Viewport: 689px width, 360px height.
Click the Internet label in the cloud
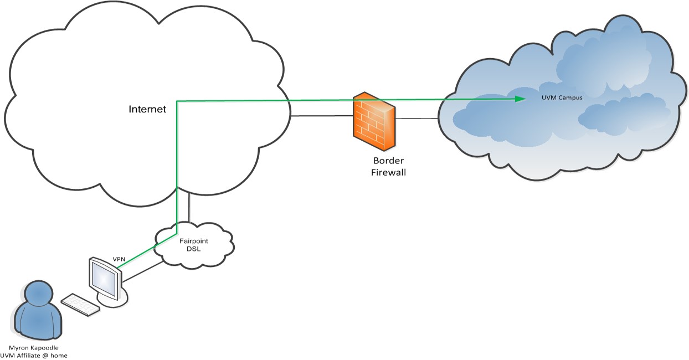coord(147,109)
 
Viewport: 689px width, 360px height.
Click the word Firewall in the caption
coord(388,172)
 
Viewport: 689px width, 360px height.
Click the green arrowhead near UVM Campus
coord(520,99)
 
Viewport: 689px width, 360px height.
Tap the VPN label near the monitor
coord(119,259)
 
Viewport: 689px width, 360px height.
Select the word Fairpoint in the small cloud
coord(193,241)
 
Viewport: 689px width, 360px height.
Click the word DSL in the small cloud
coord(193,250)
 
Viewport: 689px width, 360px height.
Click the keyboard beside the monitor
coord(80,304)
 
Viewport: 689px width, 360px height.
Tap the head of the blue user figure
coord(39,294)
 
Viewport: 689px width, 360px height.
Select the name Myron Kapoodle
coord(39,347)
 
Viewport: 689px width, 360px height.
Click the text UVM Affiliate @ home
coord(39,355)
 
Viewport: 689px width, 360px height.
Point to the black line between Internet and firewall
coord(321,116)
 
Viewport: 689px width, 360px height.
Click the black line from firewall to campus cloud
coord(417,118)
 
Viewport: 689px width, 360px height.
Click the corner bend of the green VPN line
coord(177,101)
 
